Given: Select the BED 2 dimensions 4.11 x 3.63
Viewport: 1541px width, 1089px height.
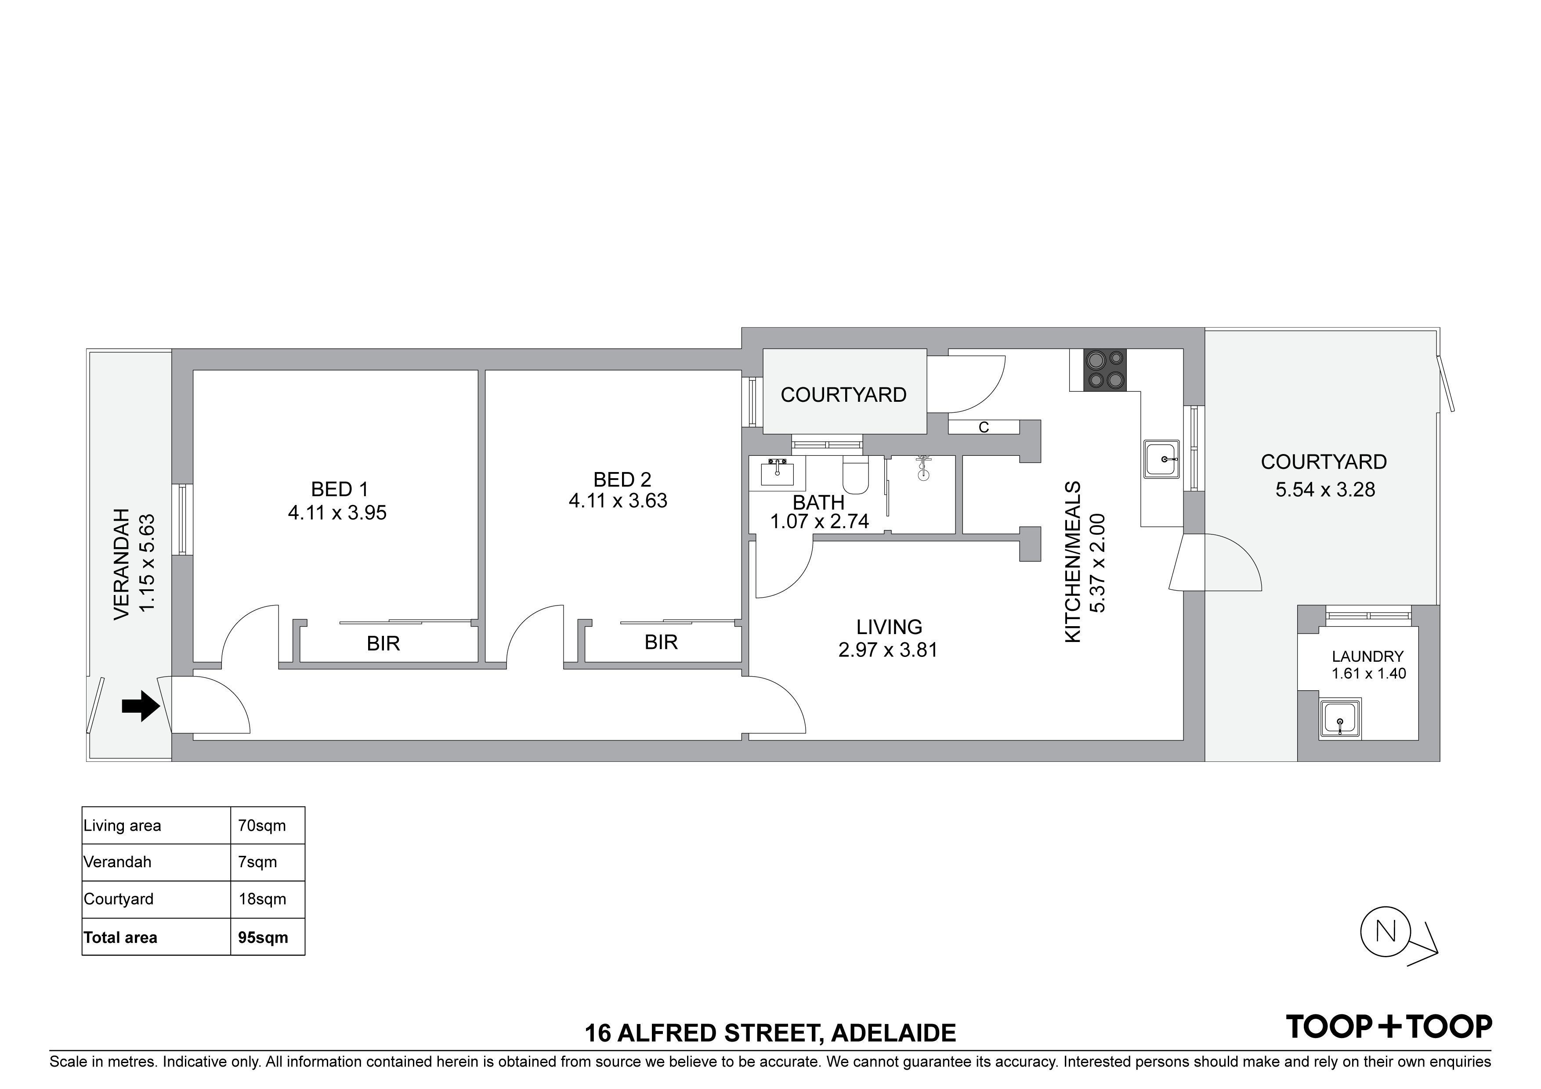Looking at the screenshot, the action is click(618, 501).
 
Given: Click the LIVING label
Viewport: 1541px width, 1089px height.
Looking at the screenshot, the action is click(889, 627).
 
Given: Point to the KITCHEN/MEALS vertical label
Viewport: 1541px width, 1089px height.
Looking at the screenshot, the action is click(1073, 562).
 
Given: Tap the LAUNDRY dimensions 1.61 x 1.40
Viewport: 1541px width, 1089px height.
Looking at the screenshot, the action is click(1368, 674).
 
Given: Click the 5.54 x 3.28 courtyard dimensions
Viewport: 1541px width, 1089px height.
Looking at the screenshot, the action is click(1325, 490).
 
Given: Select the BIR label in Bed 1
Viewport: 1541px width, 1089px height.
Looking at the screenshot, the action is click(383, 643).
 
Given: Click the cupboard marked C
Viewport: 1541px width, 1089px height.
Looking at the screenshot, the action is click(984, 427).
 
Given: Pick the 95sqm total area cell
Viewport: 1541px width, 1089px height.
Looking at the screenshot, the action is click(263, 938).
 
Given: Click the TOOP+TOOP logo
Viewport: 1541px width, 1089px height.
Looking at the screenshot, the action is click(1389, 1027).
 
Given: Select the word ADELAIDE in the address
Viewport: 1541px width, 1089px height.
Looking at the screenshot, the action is click(893, 1033).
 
